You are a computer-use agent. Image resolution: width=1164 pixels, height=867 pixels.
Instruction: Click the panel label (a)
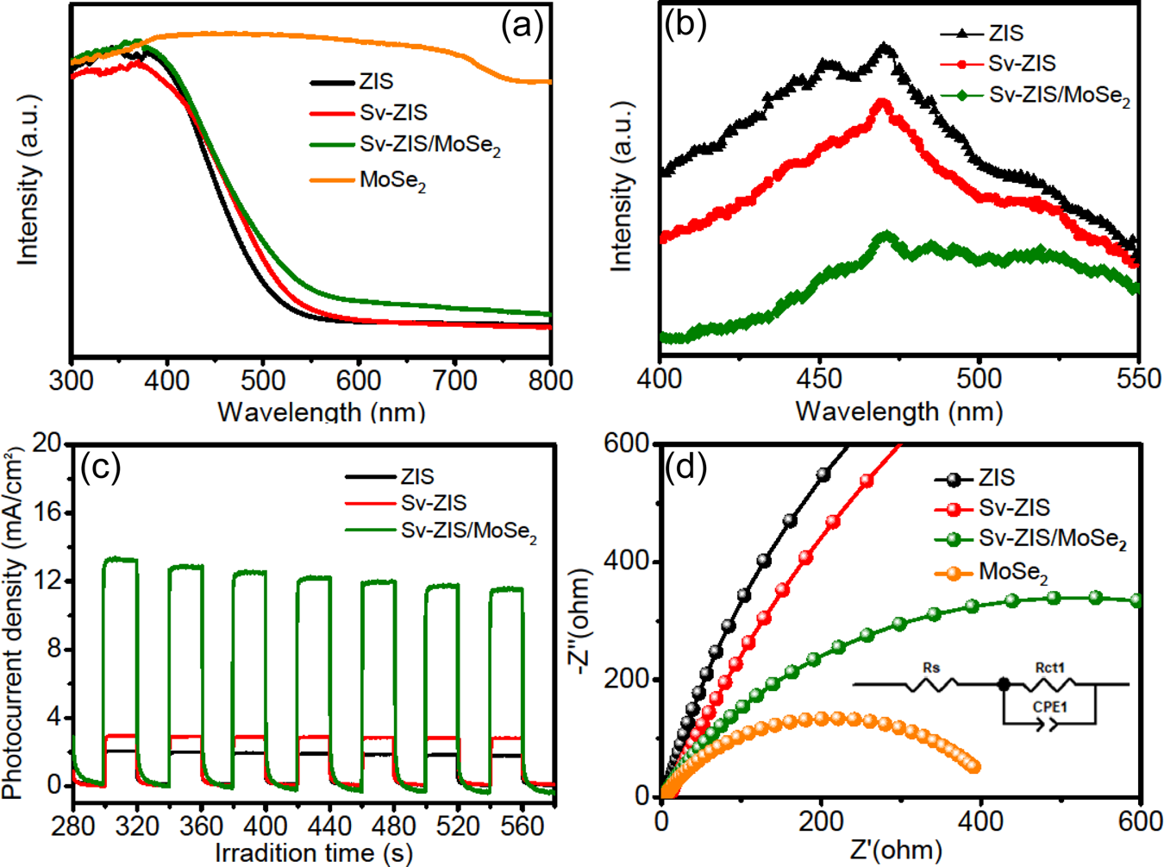[523, 26]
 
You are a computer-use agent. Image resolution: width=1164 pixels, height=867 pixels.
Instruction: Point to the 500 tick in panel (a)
[263, 380]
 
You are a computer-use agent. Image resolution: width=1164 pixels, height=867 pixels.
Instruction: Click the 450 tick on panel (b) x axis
[819, 379]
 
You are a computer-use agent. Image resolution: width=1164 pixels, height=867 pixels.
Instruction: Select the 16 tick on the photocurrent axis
[48, 512]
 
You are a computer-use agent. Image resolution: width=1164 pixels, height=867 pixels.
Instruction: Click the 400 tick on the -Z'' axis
[631, 562]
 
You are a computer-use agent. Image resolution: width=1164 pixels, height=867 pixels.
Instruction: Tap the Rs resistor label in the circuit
[930, 668]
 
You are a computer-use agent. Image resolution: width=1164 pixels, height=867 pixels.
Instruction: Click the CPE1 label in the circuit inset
[1049, 707]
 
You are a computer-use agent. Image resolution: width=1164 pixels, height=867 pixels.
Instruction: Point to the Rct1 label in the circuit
[1049, 668]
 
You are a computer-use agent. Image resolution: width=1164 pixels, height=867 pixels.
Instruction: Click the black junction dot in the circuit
[1004, 684]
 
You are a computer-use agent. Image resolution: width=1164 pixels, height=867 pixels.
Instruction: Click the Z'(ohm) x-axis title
[896, 851]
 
